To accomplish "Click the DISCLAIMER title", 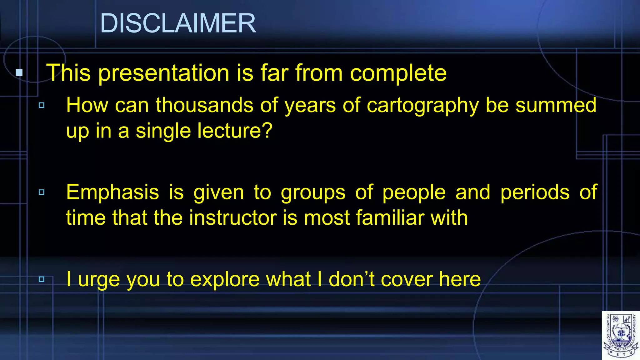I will tap(178, 23).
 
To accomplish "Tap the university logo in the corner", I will tap(621, 336).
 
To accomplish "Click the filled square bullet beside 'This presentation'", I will tap(19, 73).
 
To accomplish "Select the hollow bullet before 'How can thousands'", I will tap(42, 105).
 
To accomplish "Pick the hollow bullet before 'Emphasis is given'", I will tap(42, 192).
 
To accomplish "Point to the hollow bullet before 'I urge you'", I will tap(42, 279).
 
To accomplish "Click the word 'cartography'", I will tap(422, 105).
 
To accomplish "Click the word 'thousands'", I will tap(204, 105).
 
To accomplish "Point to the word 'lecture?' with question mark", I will tap(235, 131).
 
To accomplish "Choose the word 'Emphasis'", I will tap(112, 192).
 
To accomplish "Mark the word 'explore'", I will tap(225, 279).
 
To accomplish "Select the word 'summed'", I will tap(556, 105).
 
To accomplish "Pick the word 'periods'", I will tap(535, 192).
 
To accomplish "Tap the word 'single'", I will tap(163, 131).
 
